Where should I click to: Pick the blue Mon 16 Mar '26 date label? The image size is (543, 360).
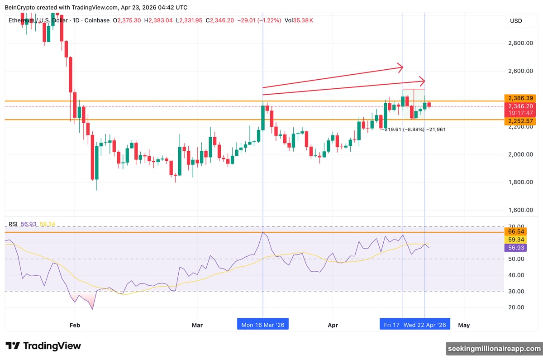(x=263, y=325)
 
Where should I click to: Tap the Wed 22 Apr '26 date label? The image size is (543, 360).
(x=425, y=325)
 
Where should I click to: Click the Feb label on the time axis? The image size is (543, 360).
(x=75, y=325)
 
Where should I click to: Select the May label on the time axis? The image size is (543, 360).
(x=464, y=325)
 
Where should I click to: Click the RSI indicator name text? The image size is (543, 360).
(x=13, y=224)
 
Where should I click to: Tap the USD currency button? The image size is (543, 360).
(x=516, y=21)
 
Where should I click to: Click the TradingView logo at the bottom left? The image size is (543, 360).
(x=43, y=346)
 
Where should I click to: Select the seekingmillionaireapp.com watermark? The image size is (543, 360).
(x=494, y=348)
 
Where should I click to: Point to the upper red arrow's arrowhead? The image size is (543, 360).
(x=400, y=67)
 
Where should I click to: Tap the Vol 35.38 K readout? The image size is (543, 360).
(x=299, y=20)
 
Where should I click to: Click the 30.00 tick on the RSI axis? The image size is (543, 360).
(x=516, y=291)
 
